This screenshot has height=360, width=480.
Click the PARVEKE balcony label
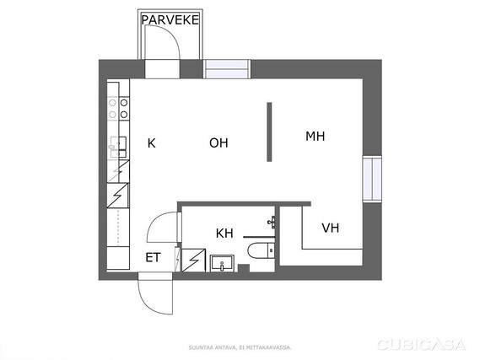[170, 20]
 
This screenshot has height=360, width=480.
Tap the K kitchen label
[152, 143]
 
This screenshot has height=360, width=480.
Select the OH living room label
[218, 142]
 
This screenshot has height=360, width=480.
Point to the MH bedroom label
[315, 136]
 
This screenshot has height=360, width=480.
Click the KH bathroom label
[224, 234]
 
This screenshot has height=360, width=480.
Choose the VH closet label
[331, 228]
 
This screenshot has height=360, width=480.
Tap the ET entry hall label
[153, 257]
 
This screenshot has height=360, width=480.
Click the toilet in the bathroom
[262, 250]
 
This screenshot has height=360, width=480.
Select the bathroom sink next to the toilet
[222, 263]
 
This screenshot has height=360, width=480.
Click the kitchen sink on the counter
[118, 148]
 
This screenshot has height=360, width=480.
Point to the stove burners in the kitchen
[118, 109]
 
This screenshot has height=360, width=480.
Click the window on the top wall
[227, 69]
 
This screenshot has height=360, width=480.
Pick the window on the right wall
[372, 179]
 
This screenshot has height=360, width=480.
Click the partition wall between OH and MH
[269, 132]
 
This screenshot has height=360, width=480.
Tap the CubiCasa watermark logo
[422, 345]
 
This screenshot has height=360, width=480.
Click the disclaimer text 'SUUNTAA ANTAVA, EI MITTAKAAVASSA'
[240, 347]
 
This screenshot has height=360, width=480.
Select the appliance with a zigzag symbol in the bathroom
[193, 261]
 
